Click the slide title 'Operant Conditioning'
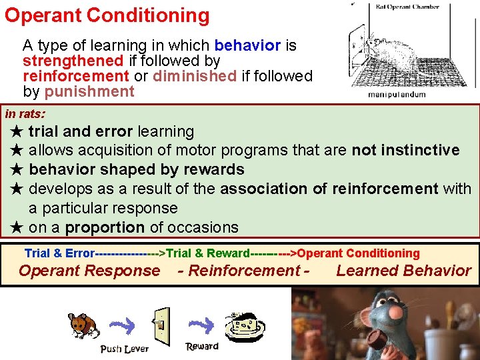click(x=107, y=15)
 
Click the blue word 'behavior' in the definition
click(x=247, y=46)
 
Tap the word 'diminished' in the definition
click(x=194, y=76)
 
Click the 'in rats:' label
click(x=25, y=113)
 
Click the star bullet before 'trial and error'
click(x=18, y=132)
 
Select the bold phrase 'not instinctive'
click(x=405, y=151)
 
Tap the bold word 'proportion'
click(x=105, y=227)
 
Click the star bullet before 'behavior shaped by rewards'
click(x=18, y=170)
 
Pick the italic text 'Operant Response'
click(x=89, y=271)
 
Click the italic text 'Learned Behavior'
click(x=403, y=271)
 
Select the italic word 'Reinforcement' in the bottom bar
click(x=244, y=271)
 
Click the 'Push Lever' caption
click(x=124, y=349)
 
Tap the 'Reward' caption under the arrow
click(x=202, y=346)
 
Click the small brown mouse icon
click(x=83, y=325)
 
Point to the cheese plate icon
click(x=246, y=324)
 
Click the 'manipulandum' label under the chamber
click(x=397, y=95)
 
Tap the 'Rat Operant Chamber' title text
click(x=407, y=7)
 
